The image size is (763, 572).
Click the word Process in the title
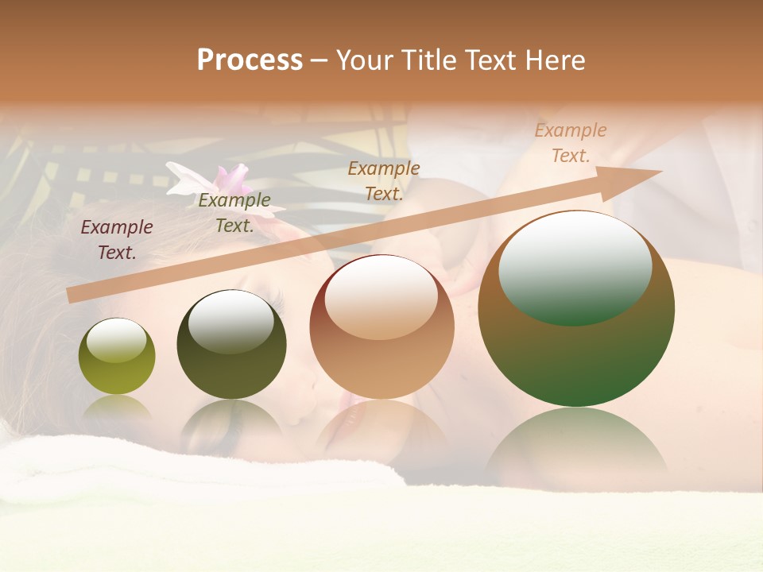(250, 60)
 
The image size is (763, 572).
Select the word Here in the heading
(556, 60)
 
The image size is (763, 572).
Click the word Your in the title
(364, 60)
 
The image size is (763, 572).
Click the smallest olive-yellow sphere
(117, 356)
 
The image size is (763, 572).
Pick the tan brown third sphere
(381, 327)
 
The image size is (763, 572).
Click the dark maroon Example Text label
(117, 240)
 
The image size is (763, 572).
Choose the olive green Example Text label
(234, 213)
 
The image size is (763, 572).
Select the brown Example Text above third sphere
(384, 180)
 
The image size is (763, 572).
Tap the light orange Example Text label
(571, 143)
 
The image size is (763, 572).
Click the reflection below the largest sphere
(576, 445)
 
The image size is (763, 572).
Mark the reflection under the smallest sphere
(117, 408)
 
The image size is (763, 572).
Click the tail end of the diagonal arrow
(73, 295)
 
